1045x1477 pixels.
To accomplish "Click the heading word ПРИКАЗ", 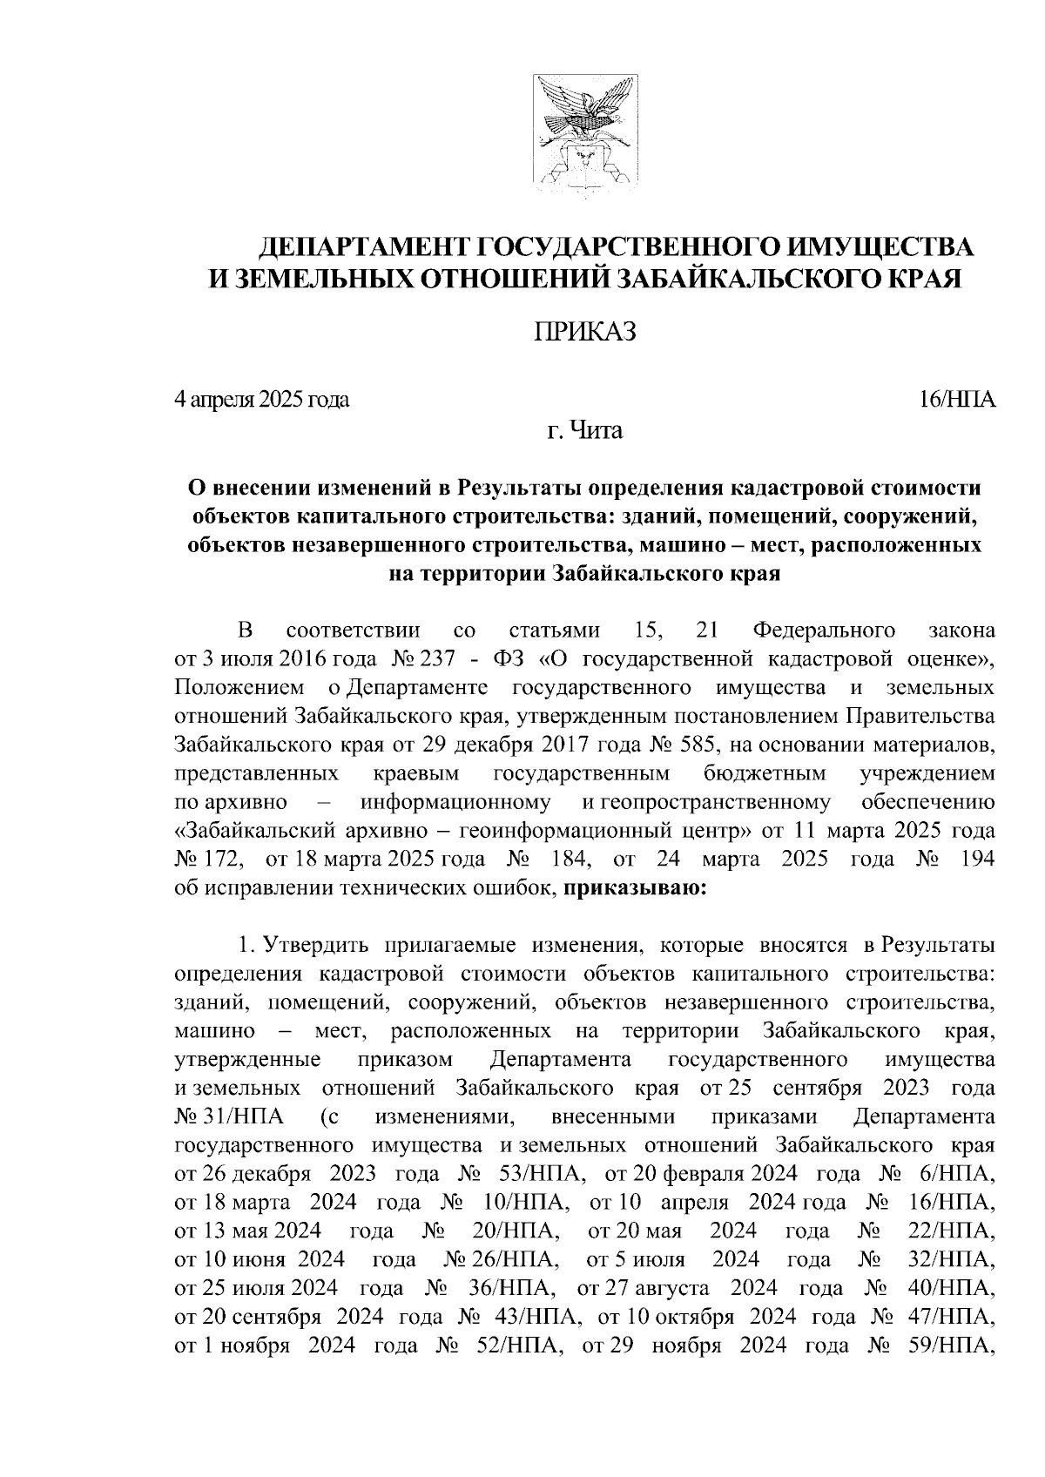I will click(583, 331).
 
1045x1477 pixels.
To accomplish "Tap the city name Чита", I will click(597, 430).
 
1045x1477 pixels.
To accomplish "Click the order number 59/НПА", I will click(957, 1345).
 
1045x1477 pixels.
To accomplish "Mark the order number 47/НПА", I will click(957, 1317).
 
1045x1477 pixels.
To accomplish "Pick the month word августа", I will click(672, 1288).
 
